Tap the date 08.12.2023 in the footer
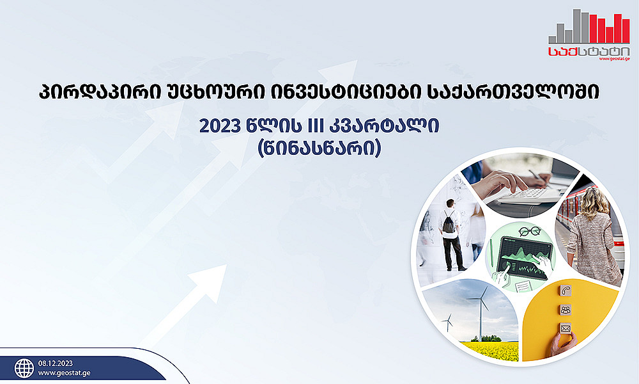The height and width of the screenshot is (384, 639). point(56,363)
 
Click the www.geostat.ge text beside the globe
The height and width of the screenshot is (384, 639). point(65,373)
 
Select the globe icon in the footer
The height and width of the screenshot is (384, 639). point(24,368)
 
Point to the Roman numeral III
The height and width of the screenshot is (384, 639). point(312,127)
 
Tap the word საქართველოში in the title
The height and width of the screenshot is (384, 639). point(514,93)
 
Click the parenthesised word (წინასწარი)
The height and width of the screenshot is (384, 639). point(319,148)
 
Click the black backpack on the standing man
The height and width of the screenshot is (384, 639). point(449,223)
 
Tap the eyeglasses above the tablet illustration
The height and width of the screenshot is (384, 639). point(529,232)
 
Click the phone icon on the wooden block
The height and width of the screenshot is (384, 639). point(565,291)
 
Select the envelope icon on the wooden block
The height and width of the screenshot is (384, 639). point(566,328)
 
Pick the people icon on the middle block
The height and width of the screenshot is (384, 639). point(566,309)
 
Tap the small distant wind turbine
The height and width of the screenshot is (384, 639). point(449,322)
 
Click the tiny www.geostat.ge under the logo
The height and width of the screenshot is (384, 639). point(615,59)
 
